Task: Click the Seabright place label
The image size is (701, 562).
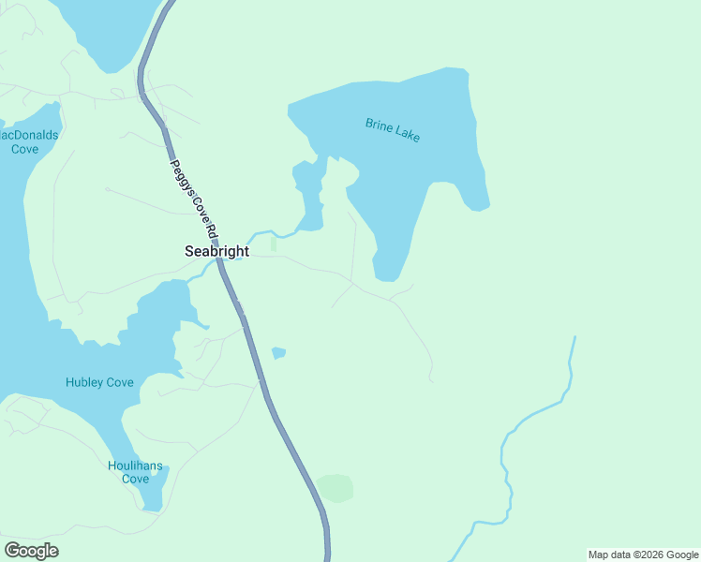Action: [x=216, y=251]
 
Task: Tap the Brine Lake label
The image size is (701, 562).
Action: [x=393, y=130]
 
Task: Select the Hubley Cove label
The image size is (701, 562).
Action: [x=99, y=382]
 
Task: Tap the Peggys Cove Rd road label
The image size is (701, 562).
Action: [x=193, y=198]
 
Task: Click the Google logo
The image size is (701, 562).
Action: [x=31, y=551]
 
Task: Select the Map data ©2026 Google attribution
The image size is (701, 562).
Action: [x=644, y=555]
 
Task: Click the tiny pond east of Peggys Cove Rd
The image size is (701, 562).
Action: [x=278, y=353]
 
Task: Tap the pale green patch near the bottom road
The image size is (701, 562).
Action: [x=335, y=488]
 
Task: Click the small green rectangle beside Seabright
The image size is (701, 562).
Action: [x=273, y=244]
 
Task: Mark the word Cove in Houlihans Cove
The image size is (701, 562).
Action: [x=135, y=479]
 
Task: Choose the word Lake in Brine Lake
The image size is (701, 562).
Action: [x=408, y=135]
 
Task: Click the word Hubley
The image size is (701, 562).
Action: [x=82, y=382]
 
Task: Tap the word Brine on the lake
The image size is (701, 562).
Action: [x=379, y=125]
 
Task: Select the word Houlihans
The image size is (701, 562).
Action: [x=135, y=466]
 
